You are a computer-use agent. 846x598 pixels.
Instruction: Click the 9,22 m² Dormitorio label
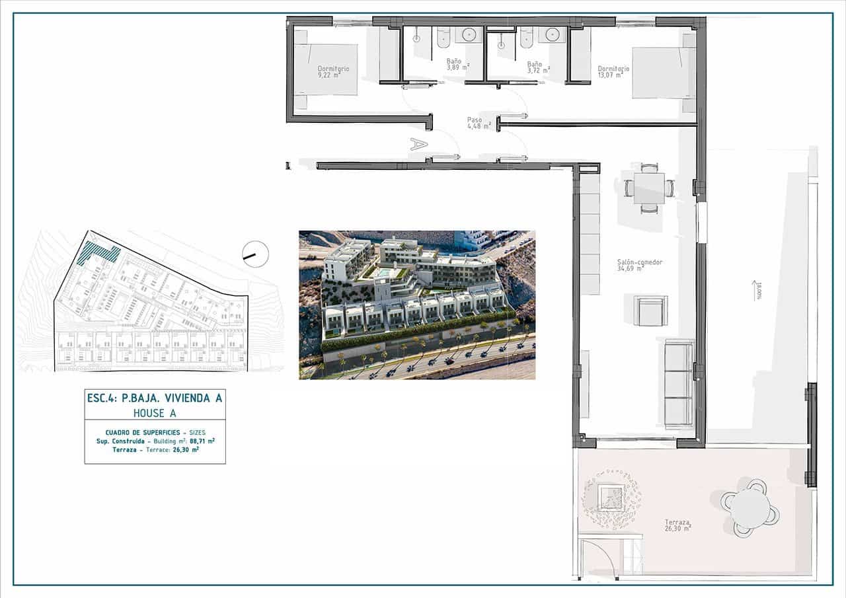tap(332, 72)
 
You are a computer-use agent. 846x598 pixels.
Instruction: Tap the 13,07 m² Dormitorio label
tap(613, 71)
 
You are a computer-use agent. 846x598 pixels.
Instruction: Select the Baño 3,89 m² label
tap(457, 65)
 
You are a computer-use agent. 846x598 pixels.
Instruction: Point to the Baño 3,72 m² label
tap(538, 67)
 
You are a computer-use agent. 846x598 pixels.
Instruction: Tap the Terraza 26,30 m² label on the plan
tap(677, 525)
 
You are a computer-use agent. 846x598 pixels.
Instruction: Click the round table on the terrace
tap(751, 506)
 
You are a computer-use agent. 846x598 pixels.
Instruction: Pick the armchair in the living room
tap(650, 311)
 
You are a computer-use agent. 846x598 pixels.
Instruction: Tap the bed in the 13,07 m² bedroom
tap(663, 72)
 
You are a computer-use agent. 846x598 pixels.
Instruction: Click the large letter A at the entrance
tap(416, 143)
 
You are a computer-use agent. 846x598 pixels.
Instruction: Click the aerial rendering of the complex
tap(417, 305)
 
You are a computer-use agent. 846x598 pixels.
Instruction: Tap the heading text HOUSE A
tap(155, 413)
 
